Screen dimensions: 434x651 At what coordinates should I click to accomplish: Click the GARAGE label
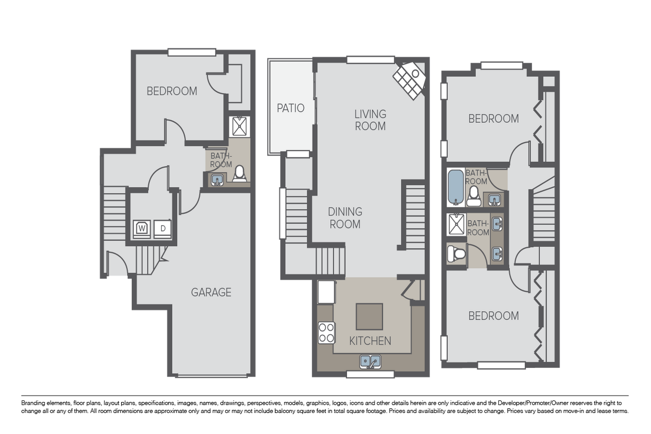tap(211, 292)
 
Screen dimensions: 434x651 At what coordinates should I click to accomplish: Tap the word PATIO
tap(290, 108)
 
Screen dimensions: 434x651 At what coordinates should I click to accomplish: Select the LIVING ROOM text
tap(370, 120)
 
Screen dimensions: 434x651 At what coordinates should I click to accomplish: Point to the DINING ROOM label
tap(345, 218)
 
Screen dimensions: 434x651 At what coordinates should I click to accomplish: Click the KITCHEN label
tap(370, 341)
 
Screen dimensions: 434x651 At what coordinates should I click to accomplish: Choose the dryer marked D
tap(163, 228)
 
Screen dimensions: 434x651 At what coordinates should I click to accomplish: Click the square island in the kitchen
tap(369, 316)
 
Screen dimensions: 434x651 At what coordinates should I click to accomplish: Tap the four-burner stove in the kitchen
tap(326, 332)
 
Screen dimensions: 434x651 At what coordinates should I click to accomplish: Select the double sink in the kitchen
tap(370, 362)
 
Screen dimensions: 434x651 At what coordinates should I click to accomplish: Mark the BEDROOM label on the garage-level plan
tap(172, 91)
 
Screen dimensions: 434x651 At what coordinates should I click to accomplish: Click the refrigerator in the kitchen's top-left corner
tap(326, 292)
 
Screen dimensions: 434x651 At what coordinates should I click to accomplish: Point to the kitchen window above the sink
tap(370, 374)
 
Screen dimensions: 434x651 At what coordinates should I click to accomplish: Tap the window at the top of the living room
tap(370, 60)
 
